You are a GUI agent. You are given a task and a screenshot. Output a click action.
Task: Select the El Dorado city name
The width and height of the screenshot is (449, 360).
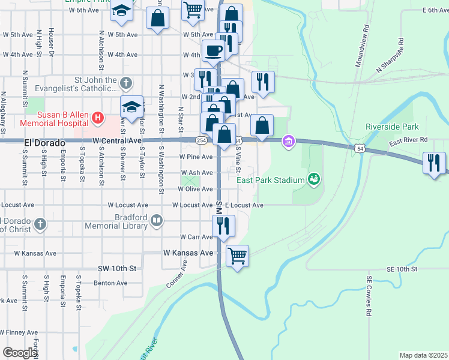(45, 143)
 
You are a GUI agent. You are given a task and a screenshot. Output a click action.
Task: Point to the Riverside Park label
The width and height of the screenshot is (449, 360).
(392, 127)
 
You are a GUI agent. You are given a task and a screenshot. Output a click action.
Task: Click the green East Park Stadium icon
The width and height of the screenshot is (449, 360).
(312, 179)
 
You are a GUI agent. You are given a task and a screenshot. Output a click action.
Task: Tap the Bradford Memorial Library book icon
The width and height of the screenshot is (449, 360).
(157, 221)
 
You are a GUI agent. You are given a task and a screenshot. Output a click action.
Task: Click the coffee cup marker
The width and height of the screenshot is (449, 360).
(213, 50)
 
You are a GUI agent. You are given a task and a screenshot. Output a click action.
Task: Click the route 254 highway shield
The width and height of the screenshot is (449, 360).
(200, 140)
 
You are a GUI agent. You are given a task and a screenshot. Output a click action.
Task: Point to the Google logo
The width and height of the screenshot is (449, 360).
(19, 353)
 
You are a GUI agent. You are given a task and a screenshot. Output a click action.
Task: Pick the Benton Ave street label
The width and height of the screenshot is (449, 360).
(110, 283)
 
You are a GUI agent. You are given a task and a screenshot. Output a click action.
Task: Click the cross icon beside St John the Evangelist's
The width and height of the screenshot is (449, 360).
(126, 82)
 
